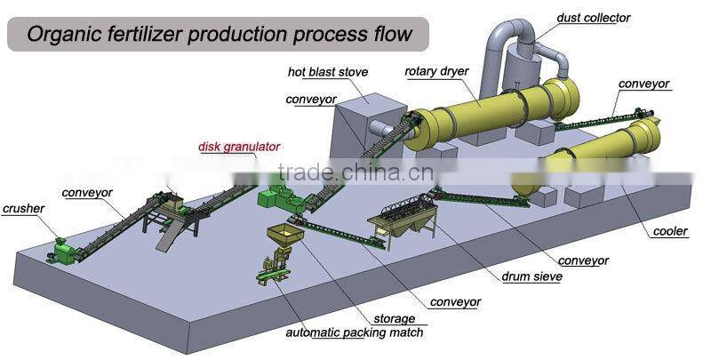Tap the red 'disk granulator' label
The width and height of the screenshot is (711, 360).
coord(239,146)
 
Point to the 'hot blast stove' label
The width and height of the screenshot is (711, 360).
coord(327,71)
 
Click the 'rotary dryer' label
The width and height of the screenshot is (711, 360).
coord(437,71)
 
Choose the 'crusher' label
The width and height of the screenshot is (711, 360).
coord(23,209)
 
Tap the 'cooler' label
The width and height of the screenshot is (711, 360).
coord(669,232)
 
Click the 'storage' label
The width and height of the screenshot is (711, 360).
coord(394,318)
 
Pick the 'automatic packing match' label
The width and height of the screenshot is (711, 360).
coord(354,333)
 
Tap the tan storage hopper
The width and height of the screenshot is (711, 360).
coord(283,238)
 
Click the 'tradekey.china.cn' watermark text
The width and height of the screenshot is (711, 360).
coord(355,172)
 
